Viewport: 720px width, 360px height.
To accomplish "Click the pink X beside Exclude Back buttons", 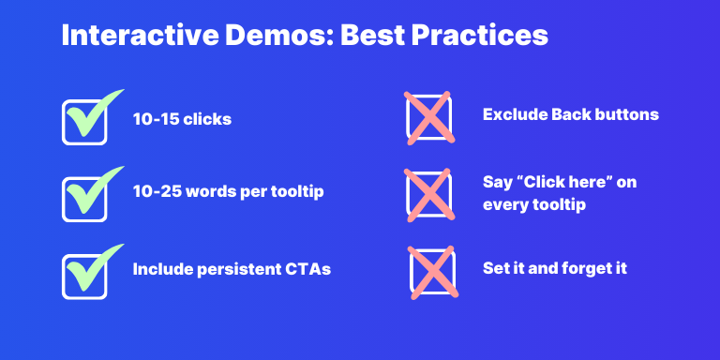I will [428, 117].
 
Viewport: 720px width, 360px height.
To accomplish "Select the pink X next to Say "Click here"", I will [428, 194].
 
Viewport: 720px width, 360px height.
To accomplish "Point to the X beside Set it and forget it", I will [432, 270].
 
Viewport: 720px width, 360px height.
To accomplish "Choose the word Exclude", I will [514, 114].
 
